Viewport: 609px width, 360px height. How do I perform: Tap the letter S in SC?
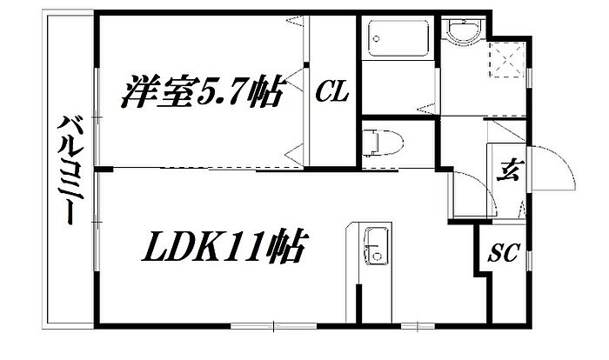(495, 254)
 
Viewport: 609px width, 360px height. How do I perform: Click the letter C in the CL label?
(324, 90)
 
